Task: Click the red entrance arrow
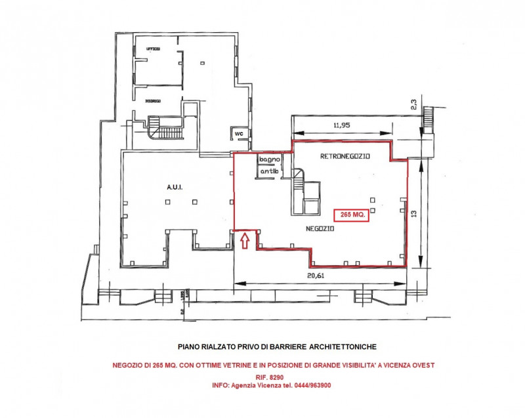(x=244, y=241)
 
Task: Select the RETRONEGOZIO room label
(x=345, y=157)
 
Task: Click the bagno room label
(x=269, y=159)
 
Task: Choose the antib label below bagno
(x=269, y=171)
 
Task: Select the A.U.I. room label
(x=174, y=187)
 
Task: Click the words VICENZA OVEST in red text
(x=408, y=365)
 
